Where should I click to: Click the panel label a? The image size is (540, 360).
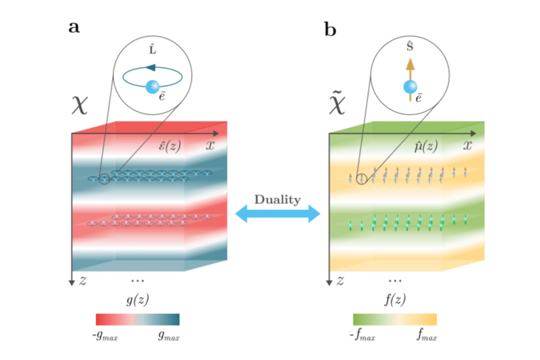tap(74, 28)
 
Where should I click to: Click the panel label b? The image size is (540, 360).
tap(331, 28)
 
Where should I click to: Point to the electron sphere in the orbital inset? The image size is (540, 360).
tap(153, 86)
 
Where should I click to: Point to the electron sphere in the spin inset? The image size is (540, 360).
tap(410, 86)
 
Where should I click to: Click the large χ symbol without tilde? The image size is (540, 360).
tap(80, 106)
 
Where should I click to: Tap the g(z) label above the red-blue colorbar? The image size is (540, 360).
tap(137, 301)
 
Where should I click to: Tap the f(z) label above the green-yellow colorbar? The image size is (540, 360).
tap(394, 301)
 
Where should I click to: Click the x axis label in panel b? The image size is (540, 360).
tap(467, 145)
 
